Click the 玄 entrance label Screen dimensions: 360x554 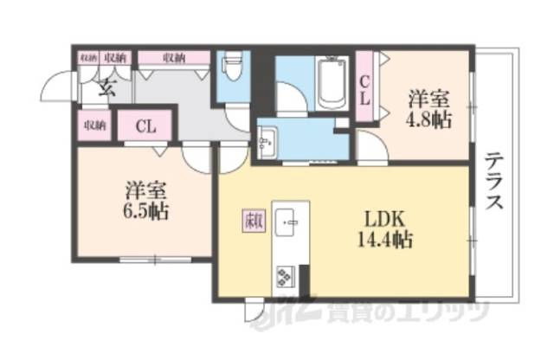click(106, 86)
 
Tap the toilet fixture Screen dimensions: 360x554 click(231, 67)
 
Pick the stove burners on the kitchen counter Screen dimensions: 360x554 click(286, 276)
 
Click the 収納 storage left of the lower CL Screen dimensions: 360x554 click(94, 125)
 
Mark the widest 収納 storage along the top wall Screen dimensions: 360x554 click(173, 58)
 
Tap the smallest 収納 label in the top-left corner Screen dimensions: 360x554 click(87, 57)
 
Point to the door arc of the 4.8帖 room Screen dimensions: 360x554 click(372, 149)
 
